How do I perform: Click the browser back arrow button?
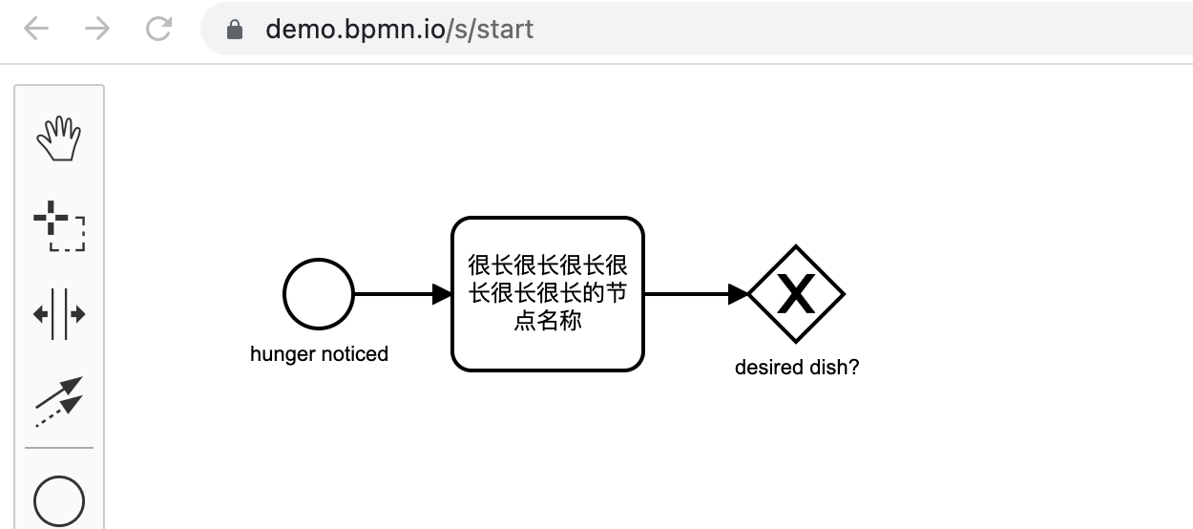coord(35,30)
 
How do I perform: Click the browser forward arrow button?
coord(96,30)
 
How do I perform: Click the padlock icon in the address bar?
coord(235,30)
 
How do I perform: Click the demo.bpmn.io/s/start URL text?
coord(399,30)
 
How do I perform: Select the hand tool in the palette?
coord(59,138)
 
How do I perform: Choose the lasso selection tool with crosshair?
coord(59,225)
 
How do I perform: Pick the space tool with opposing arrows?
coord(59,314)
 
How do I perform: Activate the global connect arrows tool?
coord(59,401)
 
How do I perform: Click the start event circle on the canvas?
coord(319,294)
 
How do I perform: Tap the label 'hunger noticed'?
coord(319,354)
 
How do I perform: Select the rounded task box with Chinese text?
coord(547,294)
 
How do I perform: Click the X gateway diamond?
coord(796,294)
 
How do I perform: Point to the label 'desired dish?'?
coord(796,368)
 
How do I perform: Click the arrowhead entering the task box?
coord(441,294)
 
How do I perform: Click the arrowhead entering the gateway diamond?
coord(738,294)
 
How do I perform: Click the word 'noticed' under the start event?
coord(354,354)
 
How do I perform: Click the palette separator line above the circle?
coord(59,448)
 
